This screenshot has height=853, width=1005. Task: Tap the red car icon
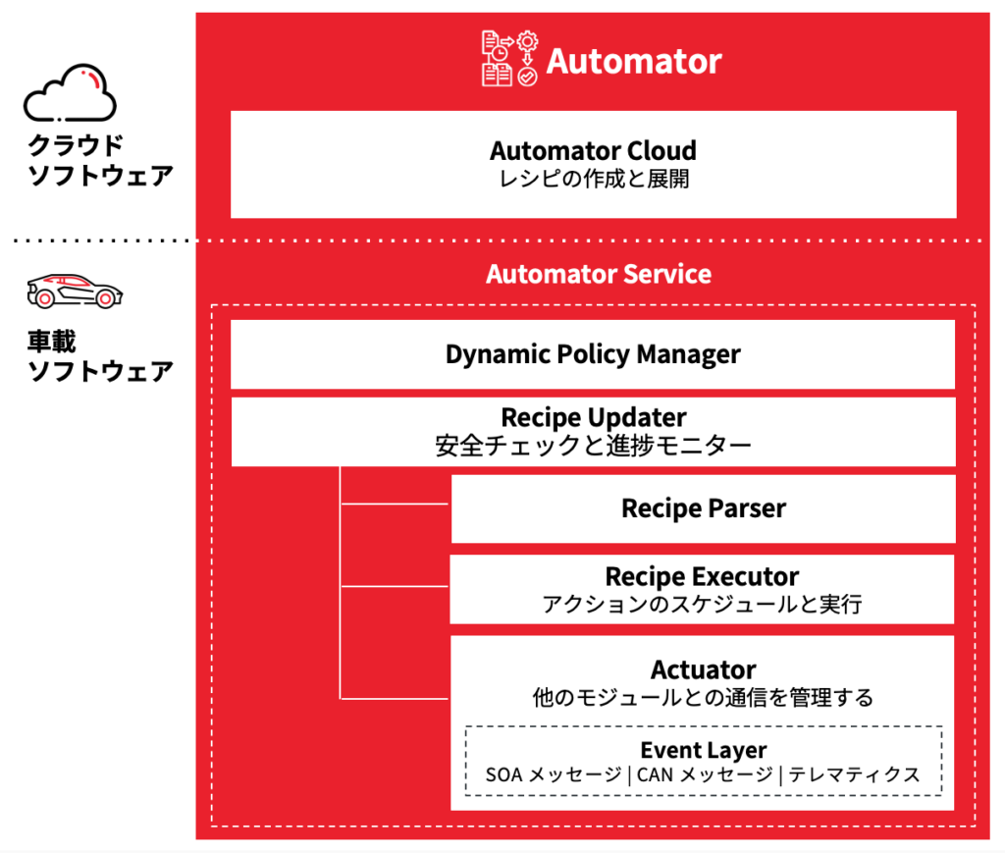[x=69, y=292]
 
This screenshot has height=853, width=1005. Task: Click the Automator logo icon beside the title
[x=509, y=60]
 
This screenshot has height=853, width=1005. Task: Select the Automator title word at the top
[x=634, y=61]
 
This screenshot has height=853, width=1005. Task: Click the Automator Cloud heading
[x=593, y=151]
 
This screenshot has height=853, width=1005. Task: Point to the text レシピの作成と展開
[x=593, y=180]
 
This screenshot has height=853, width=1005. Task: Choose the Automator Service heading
[x=599, y=273]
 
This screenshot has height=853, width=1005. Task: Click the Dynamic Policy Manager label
[x=593, y=354]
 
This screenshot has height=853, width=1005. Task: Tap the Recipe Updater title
[x=594, y=416]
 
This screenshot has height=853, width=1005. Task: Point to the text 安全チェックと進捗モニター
[x=593, y=446]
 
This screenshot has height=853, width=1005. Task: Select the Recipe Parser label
[x=704, y=508]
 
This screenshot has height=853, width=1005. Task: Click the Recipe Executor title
[x=702, y=576]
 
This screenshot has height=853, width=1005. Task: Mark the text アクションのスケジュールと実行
[x=702, y=604]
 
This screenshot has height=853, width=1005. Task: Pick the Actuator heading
[x=703, y=670]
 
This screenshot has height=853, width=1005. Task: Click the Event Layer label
[x=704, y=751]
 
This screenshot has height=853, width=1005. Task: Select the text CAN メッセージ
[x=704, y=775]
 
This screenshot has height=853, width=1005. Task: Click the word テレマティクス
[x=855, y=775]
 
